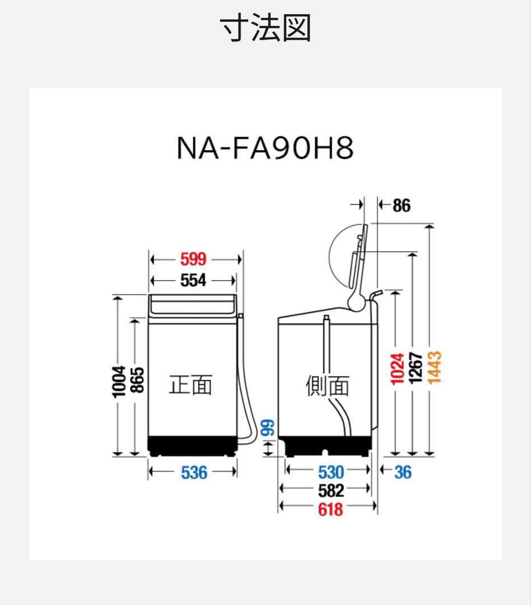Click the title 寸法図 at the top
[265, 29]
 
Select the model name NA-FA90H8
[265, 148]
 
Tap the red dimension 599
[193, 259]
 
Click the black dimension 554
[193, 280]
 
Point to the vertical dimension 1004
[119, 381]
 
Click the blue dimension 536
[194, 472]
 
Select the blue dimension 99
[269, 429]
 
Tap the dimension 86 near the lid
[401, 206]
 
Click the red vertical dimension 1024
[397, 368]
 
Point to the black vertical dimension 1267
[414, 368]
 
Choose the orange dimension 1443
[434, 368]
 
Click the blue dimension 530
[330, 472]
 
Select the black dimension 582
[330, 491]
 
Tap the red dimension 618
[330, 509]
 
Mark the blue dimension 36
[402, 472]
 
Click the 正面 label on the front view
[190, 385]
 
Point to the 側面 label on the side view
[327, 385]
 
